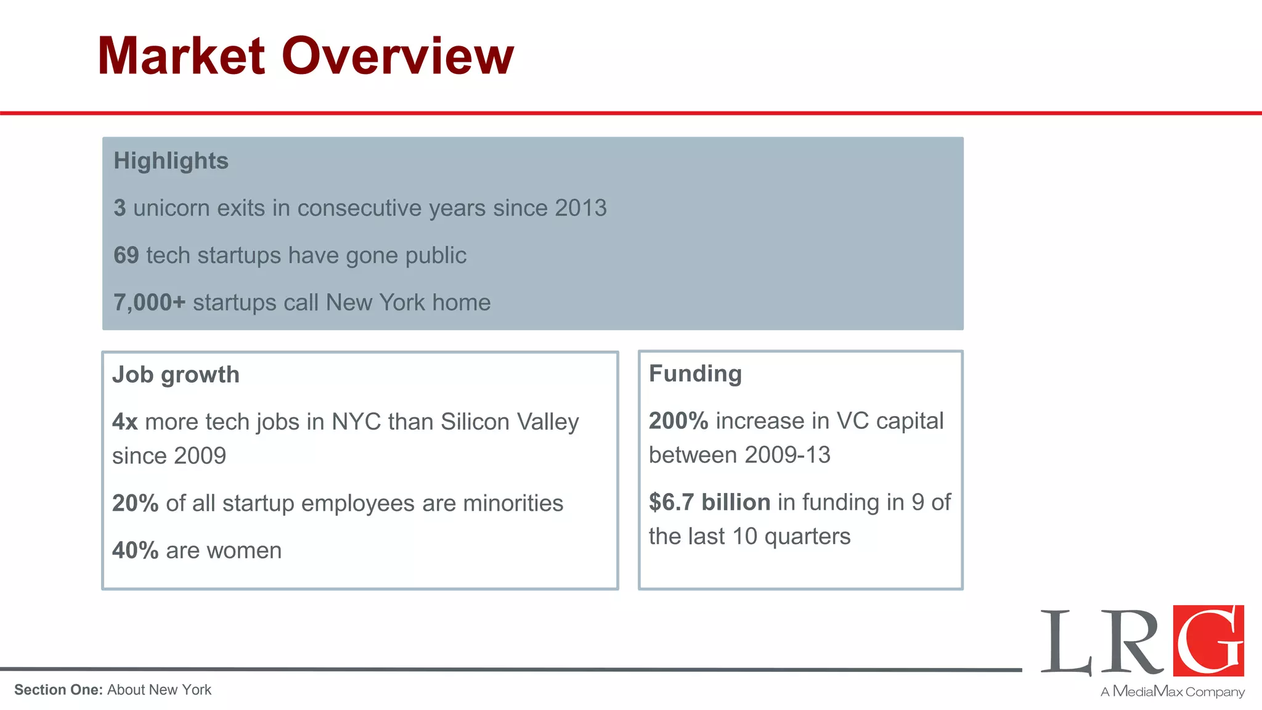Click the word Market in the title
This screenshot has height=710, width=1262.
click(181, 56)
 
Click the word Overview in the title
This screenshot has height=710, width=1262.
click(397, 56)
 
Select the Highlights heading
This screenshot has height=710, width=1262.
click(171, 161)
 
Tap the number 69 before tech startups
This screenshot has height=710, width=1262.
click(126, 255)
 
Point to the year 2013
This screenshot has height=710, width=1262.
click(580, 208)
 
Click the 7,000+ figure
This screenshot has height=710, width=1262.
click(149, 303)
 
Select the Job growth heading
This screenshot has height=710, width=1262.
click(176, 375)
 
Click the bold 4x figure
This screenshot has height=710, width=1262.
click(124, 422)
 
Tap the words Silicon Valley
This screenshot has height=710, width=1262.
click(510, 422)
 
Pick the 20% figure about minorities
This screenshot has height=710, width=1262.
click(135, 504)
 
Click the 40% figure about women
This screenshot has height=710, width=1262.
click(135, 550)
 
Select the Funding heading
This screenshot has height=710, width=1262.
click(695, 373)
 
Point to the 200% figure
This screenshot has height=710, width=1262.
click(678, 421)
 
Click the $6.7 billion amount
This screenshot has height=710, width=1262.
click(709, 502)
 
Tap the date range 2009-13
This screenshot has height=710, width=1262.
click(787, 455)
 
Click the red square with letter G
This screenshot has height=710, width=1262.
click(1208, 641)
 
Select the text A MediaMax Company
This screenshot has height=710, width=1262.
click(1172, 692)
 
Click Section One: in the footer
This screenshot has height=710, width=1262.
click(59, 690)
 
